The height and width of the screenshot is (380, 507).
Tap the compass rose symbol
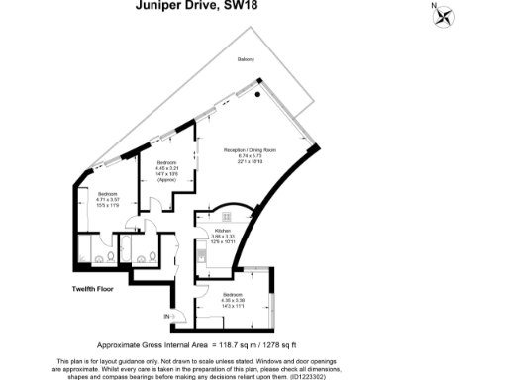pos(441,14)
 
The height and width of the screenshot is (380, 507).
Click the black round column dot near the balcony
pos(260,94)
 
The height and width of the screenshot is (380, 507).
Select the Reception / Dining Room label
pos(255,149)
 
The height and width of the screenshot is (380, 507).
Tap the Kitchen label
pos(223,229)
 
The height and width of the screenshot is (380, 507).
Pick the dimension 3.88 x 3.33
pos(223,236)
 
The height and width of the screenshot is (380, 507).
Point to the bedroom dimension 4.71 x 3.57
pos(107,199)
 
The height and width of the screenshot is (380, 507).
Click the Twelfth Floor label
pos(95,289)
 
